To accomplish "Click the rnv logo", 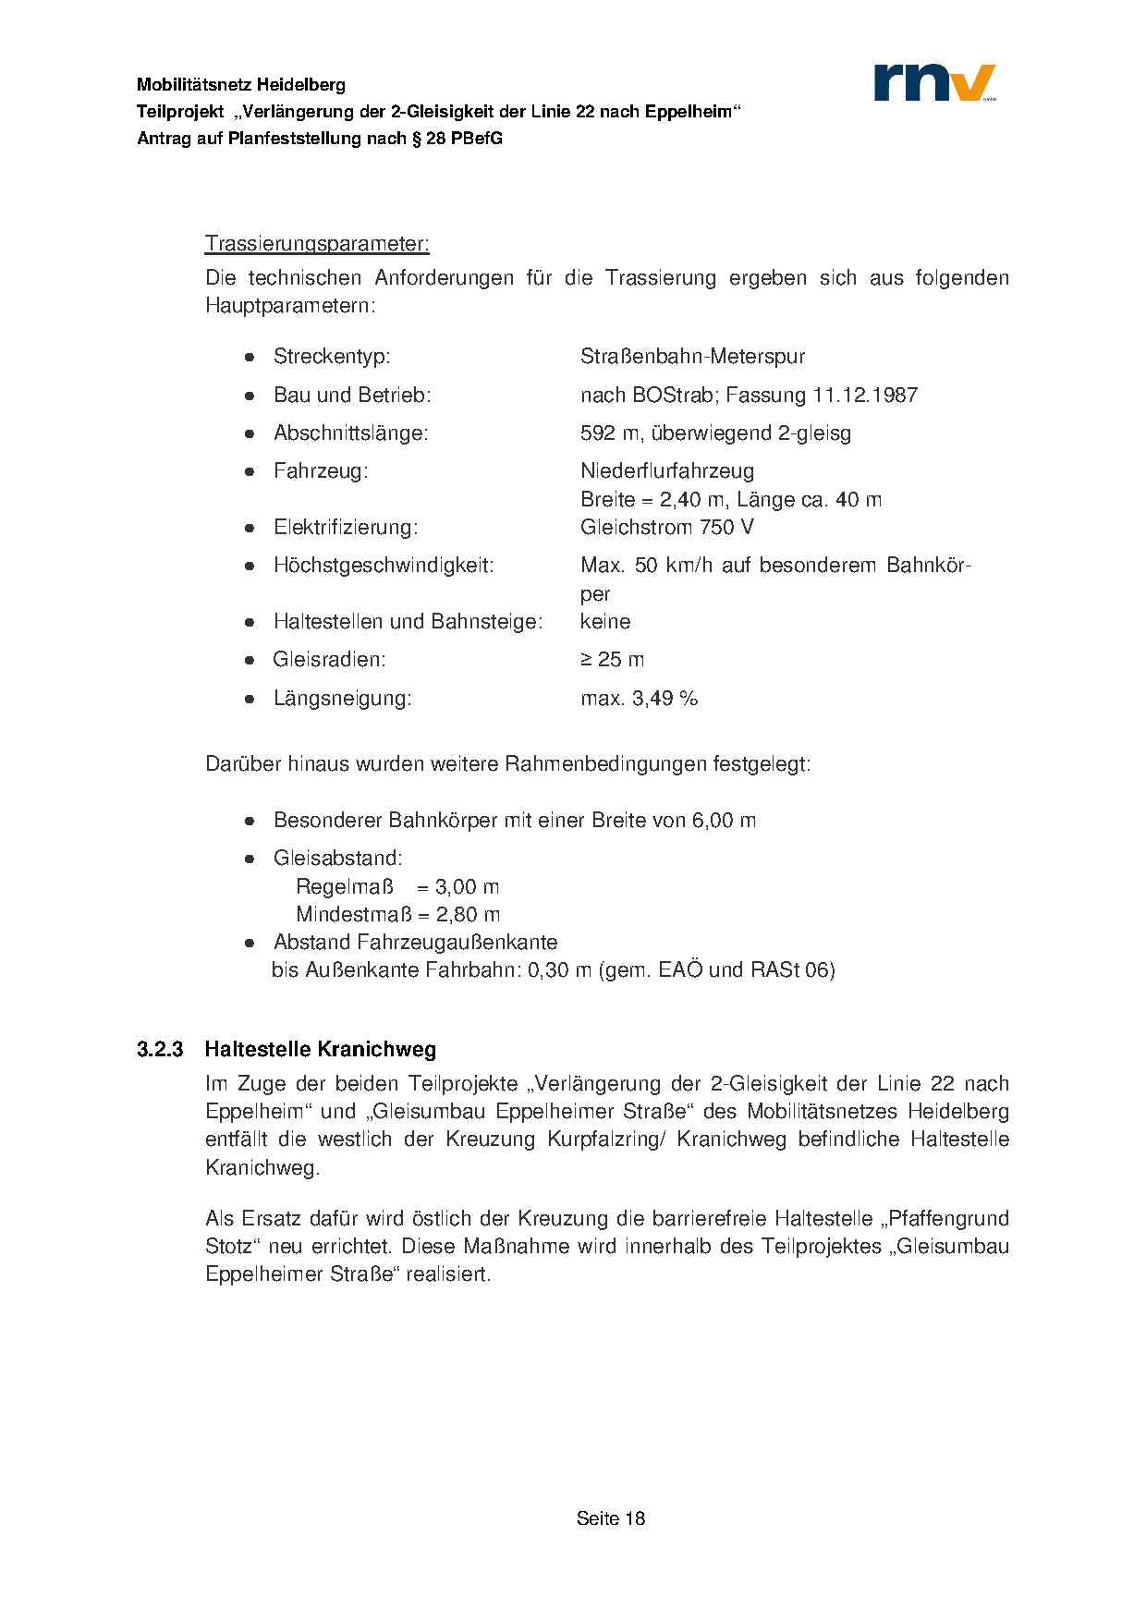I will pos(934,82).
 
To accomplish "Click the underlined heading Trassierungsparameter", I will pos(317,244).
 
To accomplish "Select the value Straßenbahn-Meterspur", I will pos(692,357).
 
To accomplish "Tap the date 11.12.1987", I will pos(865,396).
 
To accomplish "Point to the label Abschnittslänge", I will pos(350,433).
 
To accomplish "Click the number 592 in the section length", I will pos(597,433).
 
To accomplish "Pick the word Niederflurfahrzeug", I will pos(667,471).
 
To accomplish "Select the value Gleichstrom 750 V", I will pos(666,528).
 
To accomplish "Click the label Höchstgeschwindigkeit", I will pos(384,566).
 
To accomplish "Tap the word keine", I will pos(605,622).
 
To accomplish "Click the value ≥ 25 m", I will pos(612,660).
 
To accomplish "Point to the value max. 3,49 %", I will pos(639,699).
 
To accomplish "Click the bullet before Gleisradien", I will pos(250,660).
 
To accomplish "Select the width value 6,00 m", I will pos(724,821).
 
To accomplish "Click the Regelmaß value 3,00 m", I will pos(467,887).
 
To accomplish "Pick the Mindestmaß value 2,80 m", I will pos(468,915).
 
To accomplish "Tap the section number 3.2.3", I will pos(160,1050).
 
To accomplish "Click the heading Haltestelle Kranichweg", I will pos(320,1050).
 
